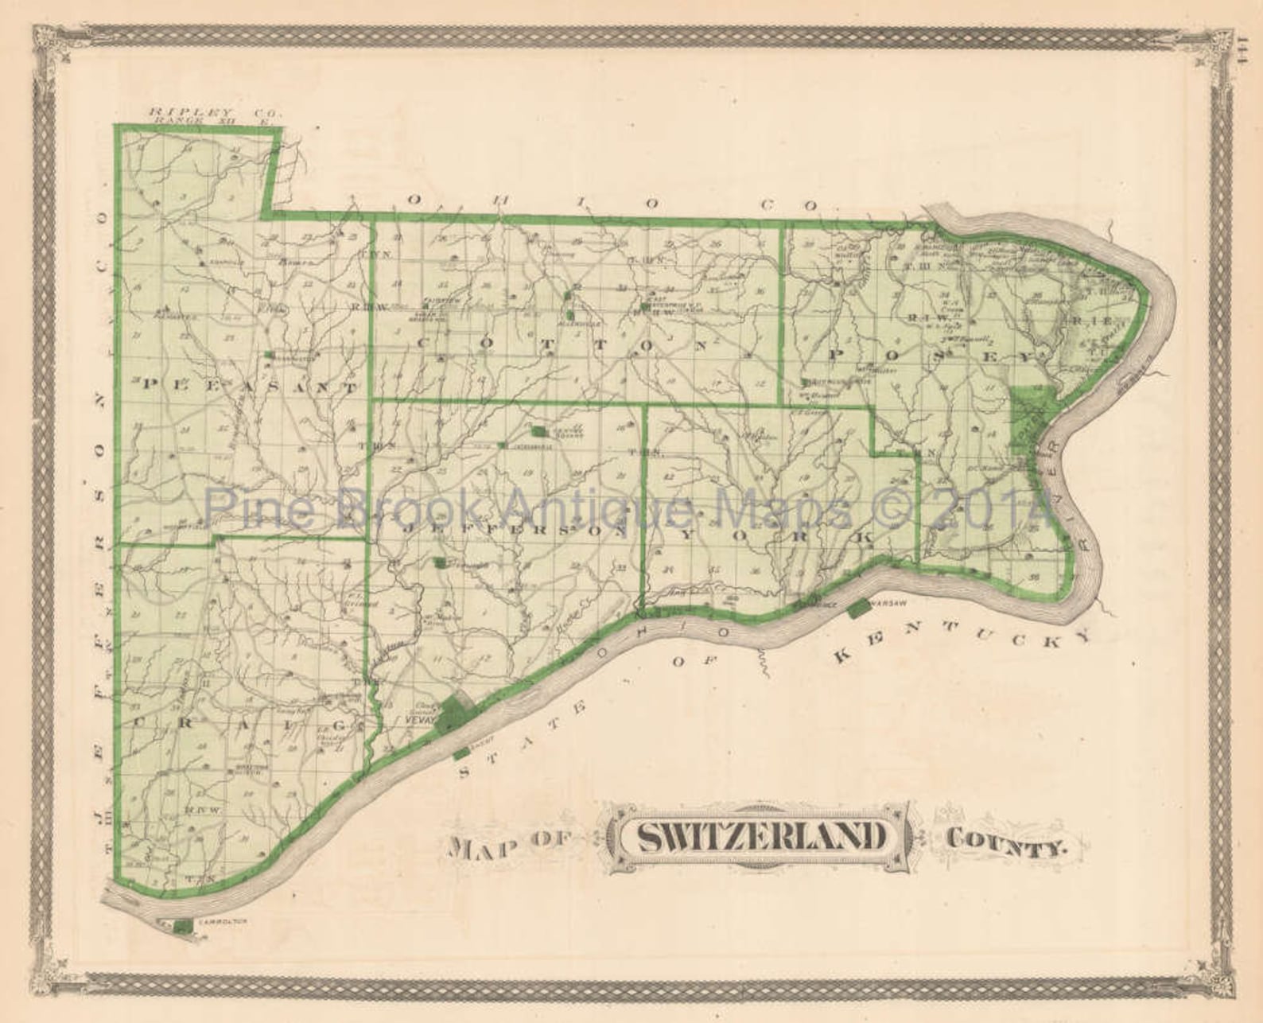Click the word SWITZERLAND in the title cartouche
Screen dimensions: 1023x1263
click(x=763, y=836)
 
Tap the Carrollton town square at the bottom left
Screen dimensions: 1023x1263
click(x=182, y=926)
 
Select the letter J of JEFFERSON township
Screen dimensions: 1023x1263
click(x=412, y=527)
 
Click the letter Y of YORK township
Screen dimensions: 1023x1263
click(x=673, y=532)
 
